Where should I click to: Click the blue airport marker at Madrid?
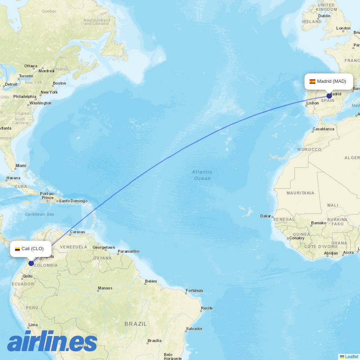click(329, 96)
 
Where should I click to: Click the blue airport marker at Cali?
click(31, 263)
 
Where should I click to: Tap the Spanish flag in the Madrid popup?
click(312, 81)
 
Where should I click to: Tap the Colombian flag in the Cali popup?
click(17, 249)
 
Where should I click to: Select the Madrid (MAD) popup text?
click(332, 81)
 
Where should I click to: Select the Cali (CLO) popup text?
click(32, 249)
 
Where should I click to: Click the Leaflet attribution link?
click(351, 356)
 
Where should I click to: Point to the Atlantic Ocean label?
click(202, 175)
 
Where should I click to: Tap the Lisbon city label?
click(312, 103)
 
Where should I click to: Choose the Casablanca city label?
click(323, 129)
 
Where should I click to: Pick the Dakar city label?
click(266, 216)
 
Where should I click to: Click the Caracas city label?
click(77, 232)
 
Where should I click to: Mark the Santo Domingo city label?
click(73, 201)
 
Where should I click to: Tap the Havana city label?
click(13, 178)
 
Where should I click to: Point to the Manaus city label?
click(105, 288)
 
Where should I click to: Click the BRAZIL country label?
click(136, 324)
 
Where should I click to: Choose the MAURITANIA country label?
click(300, 193)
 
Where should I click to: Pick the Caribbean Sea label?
click(39, 214)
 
